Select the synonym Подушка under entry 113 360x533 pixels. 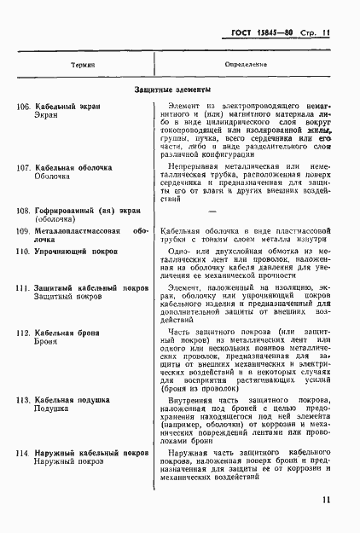pos(52,408)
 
